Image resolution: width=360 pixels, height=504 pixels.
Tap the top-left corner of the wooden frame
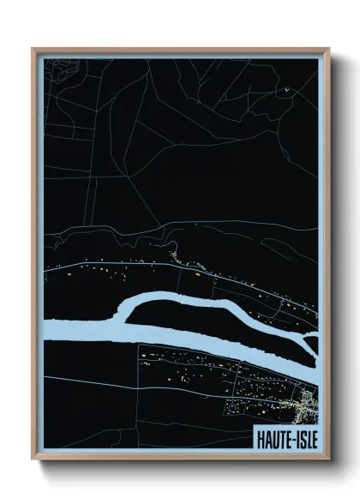tap(33, 49)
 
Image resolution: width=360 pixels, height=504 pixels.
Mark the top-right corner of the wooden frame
tap(329, 49)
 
